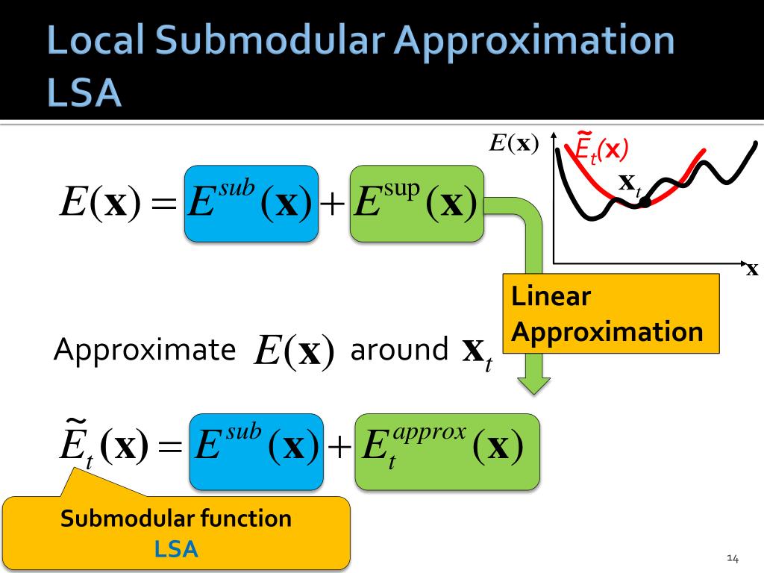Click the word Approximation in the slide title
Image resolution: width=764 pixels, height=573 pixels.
[x=535, y=42]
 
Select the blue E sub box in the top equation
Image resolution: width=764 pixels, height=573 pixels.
[x=251, y=203]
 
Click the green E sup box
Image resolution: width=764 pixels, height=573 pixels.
[x=416, y=203]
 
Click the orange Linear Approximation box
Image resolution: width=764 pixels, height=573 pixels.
[x=610, y=313]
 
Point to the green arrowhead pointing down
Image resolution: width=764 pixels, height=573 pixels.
[x=533, y=383]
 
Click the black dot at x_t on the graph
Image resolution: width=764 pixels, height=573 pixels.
[x=645, y=201]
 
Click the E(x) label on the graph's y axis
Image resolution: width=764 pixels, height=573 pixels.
[x=514, y=143]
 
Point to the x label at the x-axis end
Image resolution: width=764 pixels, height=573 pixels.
[x=751, y=270]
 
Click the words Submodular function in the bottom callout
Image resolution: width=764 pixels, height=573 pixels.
[x=176, y=518]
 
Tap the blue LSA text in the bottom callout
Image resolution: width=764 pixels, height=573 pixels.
[x=176, y=549]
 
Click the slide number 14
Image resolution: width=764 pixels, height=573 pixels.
[x=732, y=558]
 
